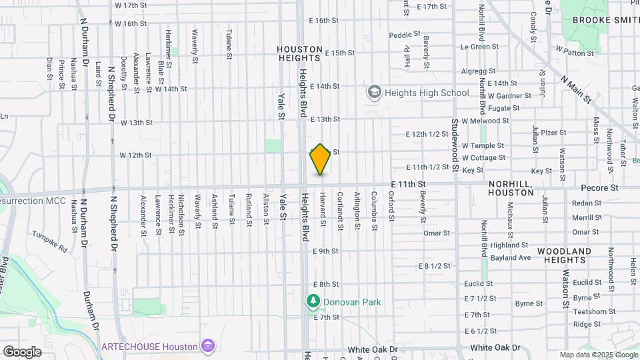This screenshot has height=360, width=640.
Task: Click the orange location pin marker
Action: [320, 159]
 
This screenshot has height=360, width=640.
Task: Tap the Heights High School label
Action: [426, 93]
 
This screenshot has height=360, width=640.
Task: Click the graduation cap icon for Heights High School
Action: [374, 92]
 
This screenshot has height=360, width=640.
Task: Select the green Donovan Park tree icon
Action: [313, 302]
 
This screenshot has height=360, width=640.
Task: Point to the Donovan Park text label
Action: [352, 302]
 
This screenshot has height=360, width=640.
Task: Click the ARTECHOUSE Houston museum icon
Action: [208, 347]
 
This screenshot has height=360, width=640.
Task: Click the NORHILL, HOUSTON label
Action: [511, 187]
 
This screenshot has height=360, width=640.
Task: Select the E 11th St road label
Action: [409, 183]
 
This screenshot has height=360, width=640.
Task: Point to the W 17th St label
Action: [131, 5]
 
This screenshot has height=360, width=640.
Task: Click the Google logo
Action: [22, 351]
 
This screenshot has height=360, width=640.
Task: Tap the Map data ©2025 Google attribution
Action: [599, 355]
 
